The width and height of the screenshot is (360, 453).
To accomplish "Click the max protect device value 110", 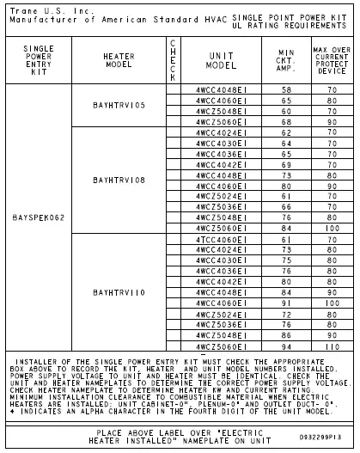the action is click(331, 346).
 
